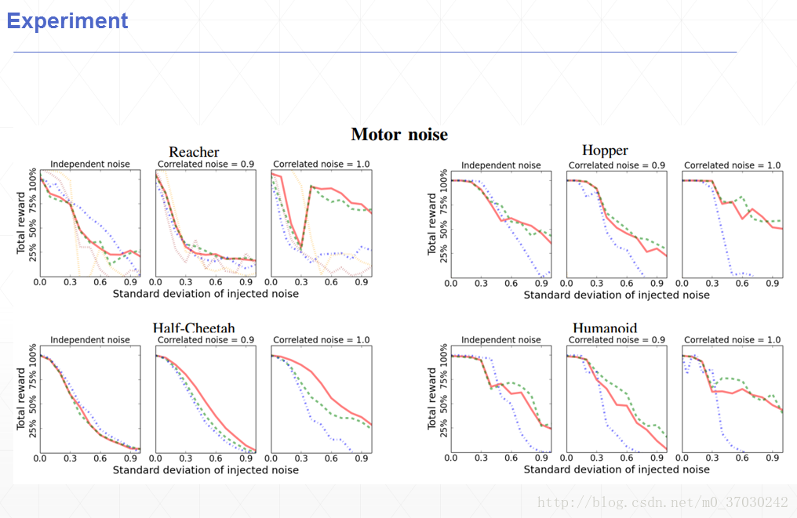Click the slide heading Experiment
[x=67, y=21]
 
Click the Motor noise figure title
[x=399, y=135]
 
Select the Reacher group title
[x=194, y=152]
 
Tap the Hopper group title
[x=605, y=150]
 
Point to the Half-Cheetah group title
[x=194, y=328]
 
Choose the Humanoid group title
[x=605, y=328]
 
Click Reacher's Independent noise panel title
[x=90, y=165]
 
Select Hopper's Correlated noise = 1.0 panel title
[x=732, y=165]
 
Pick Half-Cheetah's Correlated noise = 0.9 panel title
[x=206, y=340]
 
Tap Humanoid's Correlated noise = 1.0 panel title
[x=732, y=340]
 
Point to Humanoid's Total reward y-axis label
[x=432, y=398]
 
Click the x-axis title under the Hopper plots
[x=617, y=295]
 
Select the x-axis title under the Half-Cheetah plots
[x=206, y=470]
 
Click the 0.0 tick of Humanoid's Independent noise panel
[x=451, y=458]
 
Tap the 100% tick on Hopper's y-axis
[x=443, y=182]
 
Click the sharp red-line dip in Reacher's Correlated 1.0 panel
[x=302, y=248]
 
